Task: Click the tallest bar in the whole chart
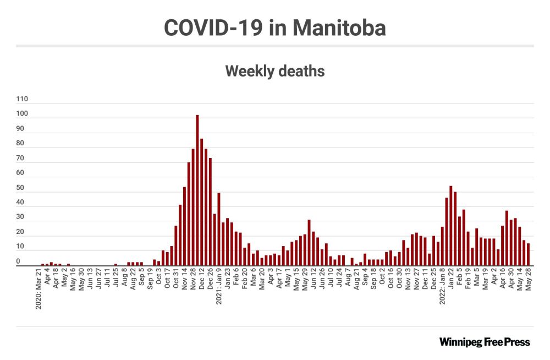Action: point(197,190)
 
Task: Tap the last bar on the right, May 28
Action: point(528,254)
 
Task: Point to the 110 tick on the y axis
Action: point(22,100)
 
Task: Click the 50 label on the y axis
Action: point(20,188)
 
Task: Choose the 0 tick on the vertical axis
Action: point(18,262)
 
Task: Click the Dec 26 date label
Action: point(211,282)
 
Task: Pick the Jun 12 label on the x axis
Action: point(313,282)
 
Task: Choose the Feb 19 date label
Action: point(468,282)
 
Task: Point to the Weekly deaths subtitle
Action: point(275,71)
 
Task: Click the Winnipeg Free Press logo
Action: point(485,342)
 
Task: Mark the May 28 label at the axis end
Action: point(528,282)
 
